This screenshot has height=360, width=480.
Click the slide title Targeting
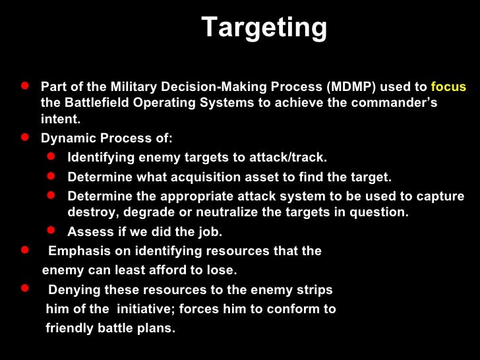264,28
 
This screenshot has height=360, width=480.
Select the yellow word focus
448,87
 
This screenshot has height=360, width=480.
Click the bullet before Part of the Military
24,86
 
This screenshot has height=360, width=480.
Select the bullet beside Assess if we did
52,231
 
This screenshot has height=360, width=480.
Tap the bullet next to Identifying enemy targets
52,157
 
